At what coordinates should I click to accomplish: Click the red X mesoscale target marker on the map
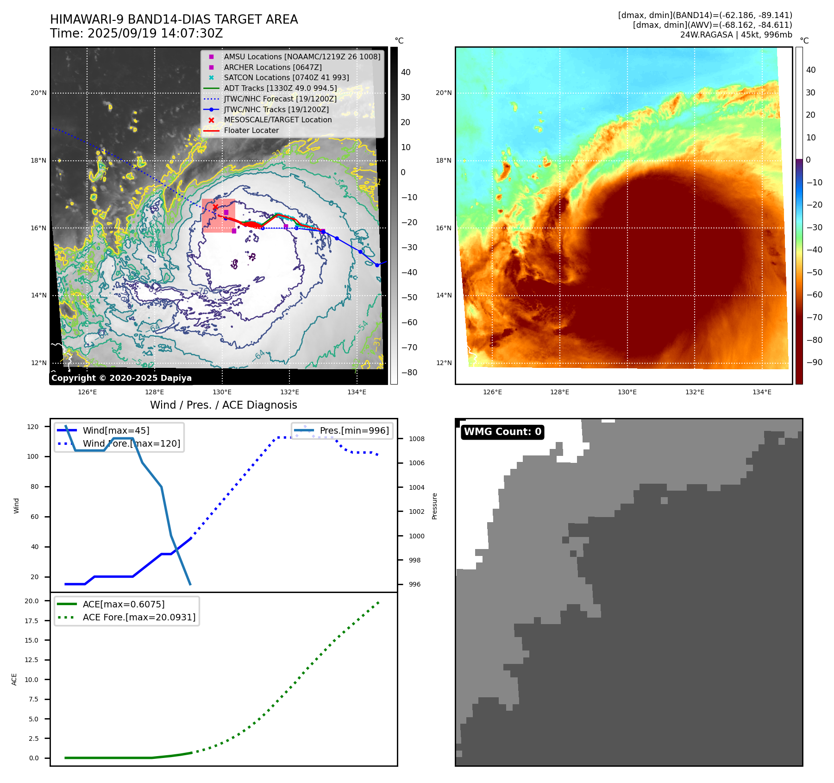coord(215,207)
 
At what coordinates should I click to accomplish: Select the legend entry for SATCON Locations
coord(286,78)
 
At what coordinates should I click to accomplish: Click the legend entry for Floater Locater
coord(251,131)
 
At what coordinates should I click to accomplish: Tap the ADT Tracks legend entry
coord(280,88)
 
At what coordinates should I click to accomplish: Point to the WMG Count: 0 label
coord(502,432)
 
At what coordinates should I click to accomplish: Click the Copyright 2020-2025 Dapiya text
coord(121,378)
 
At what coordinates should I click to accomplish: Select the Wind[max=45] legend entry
coord(116,430)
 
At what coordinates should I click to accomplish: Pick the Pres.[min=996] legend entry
coord(354,430)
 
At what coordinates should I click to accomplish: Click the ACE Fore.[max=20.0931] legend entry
coord(139,617)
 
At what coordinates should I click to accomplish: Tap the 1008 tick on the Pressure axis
coord(416,439)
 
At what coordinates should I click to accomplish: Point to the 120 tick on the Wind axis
coord(33,427)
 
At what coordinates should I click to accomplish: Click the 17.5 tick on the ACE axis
coord(32,621)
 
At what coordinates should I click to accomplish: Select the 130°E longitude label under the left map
coord(222,392)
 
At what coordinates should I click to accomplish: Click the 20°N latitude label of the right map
coord(443,93)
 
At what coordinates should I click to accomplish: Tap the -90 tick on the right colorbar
coord(814,362)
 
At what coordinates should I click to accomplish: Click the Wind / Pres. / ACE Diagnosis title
coord(223,405)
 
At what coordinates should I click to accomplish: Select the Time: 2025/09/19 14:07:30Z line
coord(137,33)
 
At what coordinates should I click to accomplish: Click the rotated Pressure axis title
coord(434,506)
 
